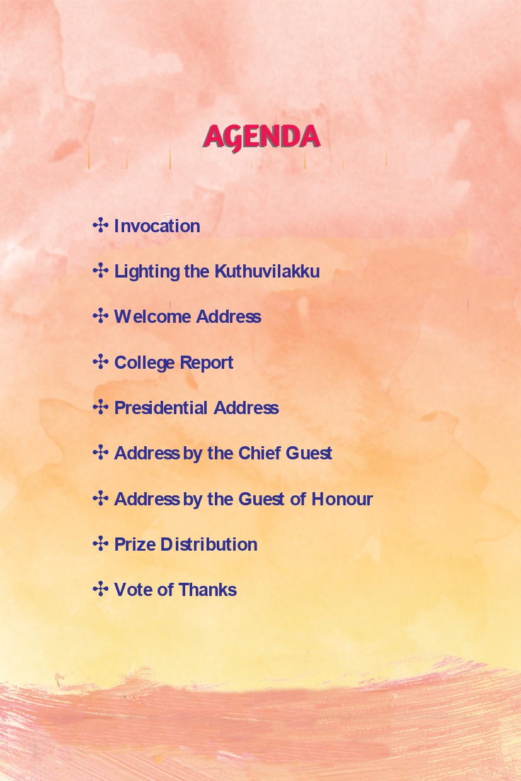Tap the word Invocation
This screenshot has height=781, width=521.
(157, 226)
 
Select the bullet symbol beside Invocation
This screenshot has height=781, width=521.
(101, 225)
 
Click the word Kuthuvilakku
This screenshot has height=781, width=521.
(267, 271)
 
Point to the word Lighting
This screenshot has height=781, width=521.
(147, 272)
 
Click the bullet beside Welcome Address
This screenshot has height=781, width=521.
(101, 316)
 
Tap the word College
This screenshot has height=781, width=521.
(144, 363)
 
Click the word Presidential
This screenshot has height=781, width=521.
(161, 408)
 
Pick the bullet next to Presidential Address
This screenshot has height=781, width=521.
(101, 407)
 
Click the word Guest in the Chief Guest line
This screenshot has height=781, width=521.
(309, 453)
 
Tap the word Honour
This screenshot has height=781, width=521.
(342, 498)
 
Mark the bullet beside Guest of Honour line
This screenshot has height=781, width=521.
(101, 498)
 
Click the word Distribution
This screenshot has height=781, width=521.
(209, 544)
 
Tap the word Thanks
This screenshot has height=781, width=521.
(208, 590)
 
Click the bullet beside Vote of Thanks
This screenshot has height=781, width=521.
(101, 589)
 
